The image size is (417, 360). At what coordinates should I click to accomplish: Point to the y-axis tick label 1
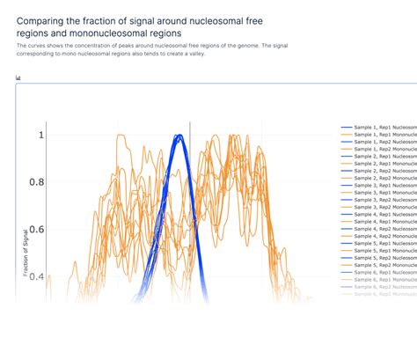click(40, 136)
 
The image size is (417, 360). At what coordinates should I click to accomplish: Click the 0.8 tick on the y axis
click(34, 182)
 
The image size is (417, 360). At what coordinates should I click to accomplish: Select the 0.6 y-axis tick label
click(34, 230)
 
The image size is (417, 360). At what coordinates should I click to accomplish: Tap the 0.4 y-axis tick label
click(34, 276)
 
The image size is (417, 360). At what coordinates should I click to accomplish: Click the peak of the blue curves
click(178, 136)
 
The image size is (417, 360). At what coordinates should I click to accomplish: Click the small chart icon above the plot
click(18, 77)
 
